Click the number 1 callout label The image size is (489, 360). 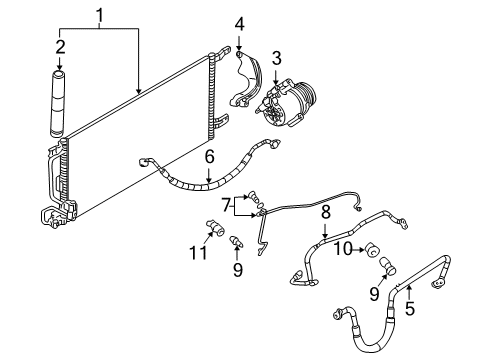(98, 14)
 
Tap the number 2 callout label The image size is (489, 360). (59, 48)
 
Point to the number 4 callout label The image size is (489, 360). (239, 24)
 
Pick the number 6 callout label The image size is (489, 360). (208, 156)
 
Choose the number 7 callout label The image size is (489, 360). (225, 205)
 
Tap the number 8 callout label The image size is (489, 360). (324, 212)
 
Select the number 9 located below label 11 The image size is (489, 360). (236, 270)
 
